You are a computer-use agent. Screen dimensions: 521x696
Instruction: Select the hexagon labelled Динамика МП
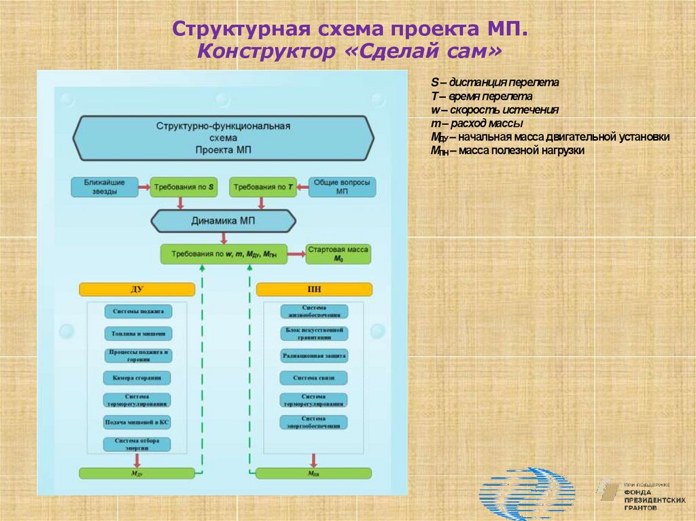click(x=223, y=221)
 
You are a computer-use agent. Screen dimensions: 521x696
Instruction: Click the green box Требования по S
click(x=184, y=187)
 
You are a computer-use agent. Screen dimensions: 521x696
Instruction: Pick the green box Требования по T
click(x=263, y=187)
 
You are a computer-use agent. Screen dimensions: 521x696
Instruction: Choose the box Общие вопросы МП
click(x=343, y=187)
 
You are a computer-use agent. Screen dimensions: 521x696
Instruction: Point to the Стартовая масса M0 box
click(x=338, y=254)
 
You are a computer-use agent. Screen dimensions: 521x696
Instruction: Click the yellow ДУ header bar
click(x=137, y=289)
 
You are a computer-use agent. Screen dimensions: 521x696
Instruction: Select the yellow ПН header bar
click(x=314, y=289)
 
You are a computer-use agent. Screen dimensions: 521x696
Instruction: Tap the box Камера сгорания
click(x=137, y=378)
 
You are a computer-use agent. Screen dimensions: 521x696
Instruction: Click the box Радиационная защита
click(x=314, y=355)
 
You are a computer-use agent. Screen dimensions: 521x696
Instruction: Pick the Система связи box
click(x=314, y=378)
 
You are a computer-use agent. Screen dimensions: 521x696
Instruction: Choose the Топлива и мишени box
click(x=137, y=334)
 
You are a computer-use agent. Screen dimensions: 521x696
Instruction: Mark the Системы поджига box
click(x=137, y=311)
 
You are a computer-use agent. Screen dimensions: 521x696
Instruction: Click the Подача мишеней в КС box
click(x=137, y=422)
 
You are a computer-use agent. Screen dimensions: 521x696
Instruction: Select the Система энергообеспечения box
click(x=314, y=422)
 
